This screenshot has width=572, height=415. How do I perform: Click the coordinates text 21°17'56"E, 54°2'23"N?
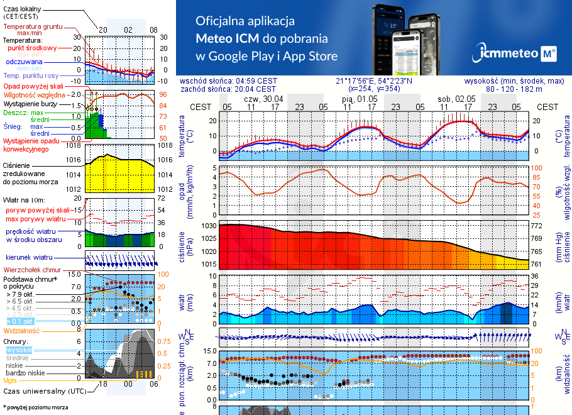pos(374,81)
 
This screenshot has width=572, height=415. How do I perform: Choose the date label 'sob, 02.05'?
pos(456,99)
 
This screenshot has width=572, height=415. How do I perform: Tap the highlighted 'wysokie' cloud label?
pos(19,350)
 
